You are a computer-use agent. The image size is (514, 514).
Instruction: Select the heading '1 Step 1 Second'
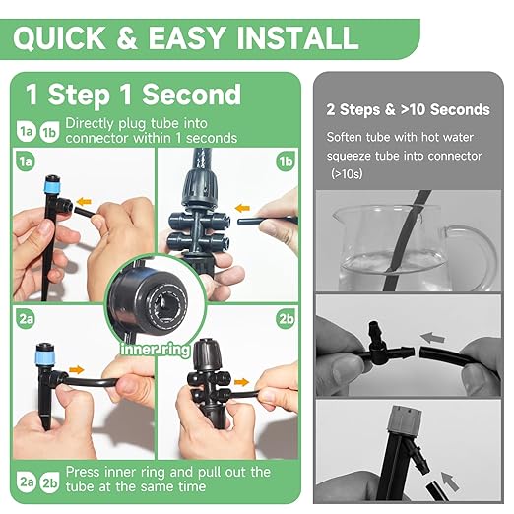click(x=133, y=95)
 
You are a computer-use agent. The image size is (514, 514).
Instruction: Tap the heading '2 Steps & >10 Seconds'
click(x=408, y=109)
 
